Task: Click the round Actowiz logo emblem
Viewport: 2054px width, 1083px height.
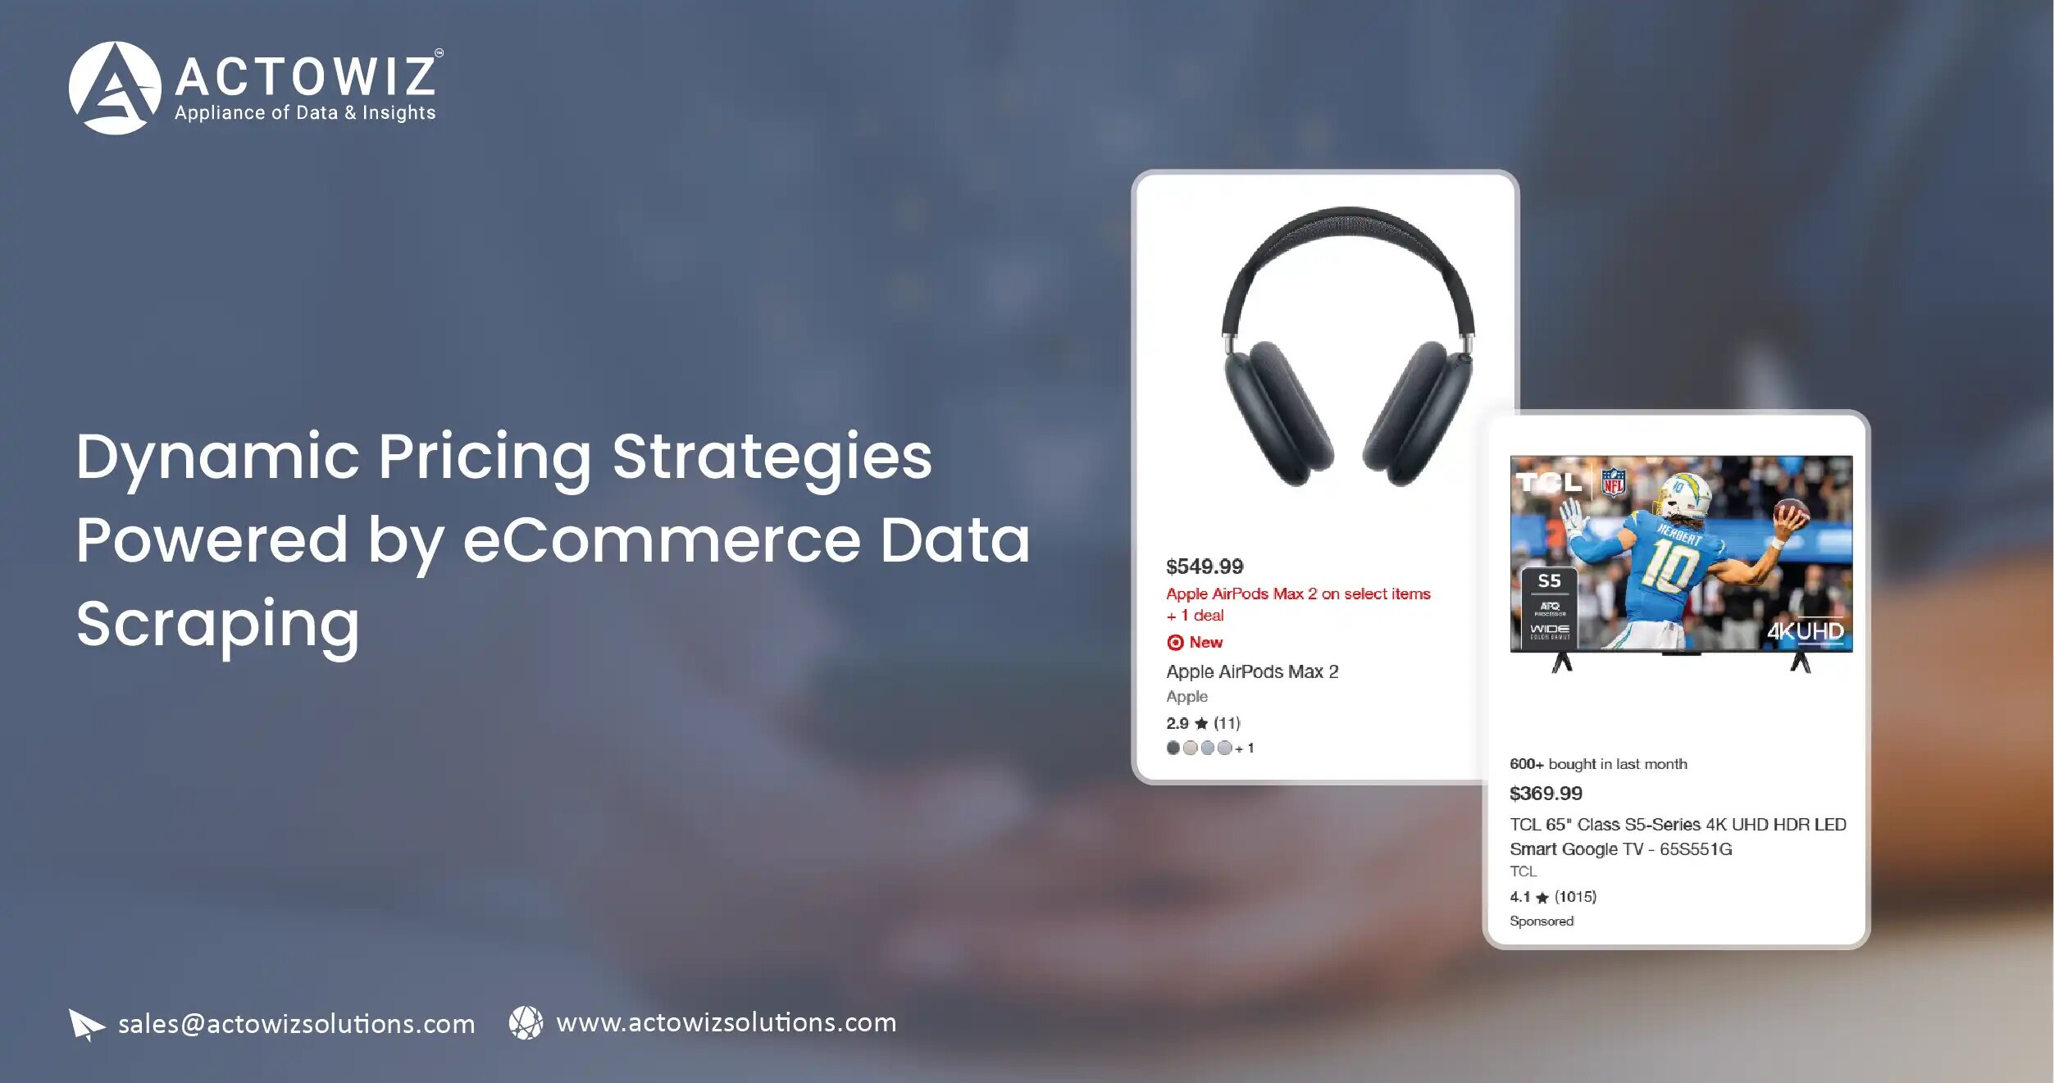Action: (114, 88)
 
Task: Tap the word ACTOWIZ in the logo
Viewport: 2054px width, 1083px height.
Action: (305, 76)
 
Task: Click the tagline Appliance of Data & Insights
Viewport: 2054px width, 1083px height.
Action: (305, 113)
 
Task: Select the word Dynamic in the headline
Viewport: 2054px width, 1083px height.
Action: (217, 457)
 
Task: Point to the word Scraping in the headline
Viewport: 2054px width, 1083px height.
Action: (217, 624)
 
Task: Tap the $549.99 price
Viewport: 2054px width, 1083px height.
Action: (1205, 567)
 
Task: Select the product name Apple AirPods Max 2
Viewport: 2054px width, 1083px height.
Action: (1252, 671)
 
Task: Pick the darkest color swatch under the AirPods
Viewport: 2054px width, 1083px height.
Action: (1173, 748)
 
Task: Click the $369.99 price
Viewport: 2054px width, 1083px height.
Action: (1546, 793)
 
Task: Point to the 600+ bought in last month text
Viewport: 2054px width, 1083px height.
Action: (1598, 764)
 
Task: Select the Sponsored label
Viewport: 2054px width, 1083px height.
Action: (1542, 921)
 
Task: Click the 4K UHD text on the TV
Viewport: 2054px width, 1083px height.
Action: (1805, 631)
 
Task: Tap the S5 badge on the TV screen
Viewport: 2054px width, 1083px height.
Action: (1549, 581)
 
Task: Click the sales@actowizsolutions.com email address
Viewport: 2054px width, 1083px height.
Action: (296, 1024)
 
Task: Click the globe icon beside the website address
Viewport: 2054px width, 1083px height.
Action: (526, 1023)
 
